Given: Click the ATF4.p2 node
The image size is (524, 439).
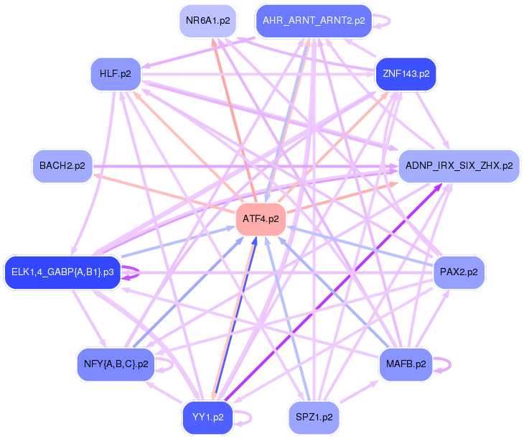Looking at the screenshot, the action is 261,219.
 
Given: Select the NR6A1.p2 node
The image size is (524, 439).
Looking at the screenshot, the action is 208,21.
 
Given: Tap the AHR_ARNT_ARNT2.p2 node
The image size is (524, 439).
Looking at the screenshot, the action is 314,21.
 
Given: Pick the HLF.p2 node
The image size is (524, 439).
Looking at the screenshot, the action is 116,74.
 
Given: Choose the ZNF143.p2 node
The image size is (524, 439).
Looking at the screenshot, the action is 406,74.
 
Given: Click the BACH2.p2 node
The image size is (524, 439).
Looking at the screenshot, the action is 62,166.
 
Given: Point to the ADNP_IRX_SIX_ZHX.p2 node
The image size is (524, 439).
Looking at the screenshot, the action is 459,166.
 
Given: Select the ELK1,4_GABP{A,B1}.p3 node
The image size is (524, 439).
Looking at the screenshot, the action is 62,272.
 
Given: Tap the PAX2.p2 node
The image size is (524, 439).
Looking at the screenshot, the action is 459,272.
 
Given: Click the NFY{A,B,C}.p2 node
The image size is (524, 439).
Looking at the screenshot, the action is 116,364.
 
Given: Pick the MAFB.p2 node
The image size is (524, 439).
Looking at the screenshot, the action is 406,364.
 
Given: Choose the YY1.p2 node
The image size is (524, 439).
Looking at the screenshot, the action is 208,417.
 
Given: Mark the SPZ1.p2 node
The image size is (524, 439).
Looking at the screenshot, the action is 314,417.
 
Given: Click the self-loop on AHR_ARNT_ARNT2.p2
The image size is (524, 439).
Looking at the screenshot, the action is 390,21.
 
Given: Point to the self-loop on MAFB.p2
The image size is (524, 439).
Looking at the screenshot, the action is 450,365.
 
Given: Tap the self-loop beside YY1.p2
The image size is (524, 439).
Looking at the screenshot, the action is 251,418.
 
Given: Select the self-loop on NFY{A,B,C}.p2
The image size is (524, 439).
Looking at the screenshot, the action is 172,365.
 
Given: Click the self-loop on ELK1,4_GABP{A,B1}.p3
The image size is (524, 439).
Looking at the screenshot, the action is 139,272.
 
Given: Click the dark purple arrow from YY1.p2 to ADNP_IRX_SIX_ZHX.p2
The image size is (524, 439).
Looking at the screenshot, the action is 333,292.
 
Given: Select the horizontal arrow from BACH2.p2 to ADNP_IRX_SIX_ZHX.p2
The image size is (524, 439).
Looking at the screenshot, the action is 245,166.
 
